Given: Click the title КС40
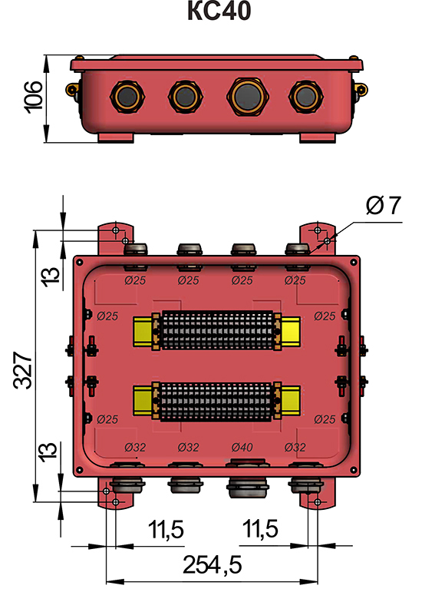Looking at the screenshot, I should [218, 13].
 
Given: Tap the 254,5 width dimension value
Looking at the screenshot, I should [213, 565].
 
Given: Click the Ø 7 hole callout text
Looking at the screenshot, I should [383, 206].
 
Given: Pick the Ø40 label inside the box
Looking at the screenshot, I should [242, 447].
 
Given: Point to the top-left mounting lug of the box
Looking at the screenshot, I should [115, 238].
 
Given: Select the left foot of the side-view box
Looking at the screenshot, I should [117, 137].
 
